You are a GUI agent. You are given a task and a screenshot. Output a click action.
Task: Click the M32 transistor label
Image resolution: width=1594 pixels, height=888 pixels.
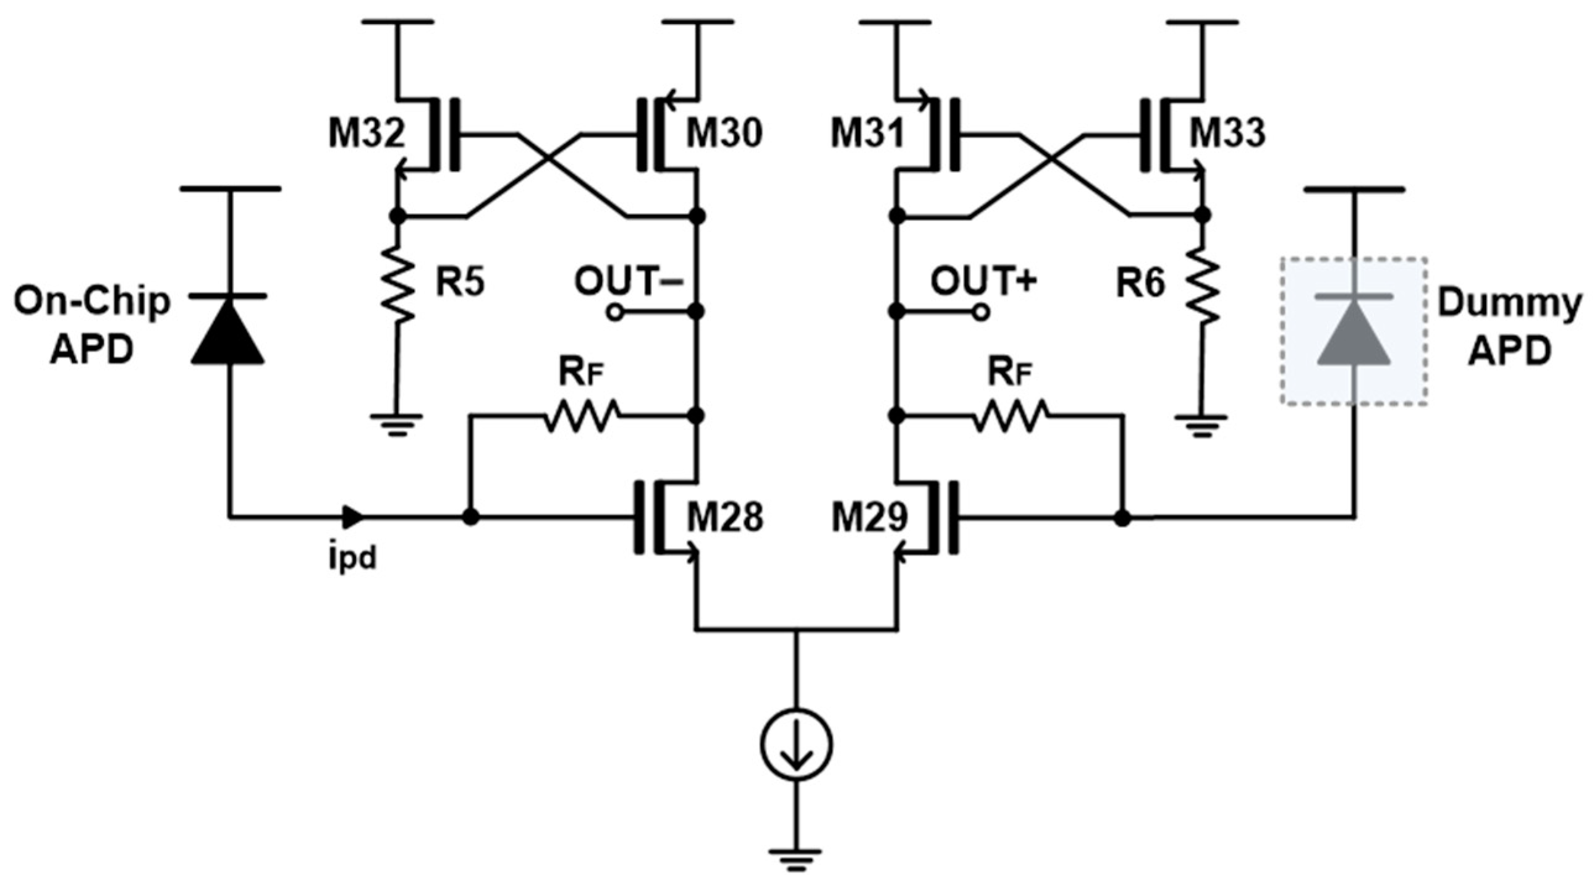(x=366, y=133)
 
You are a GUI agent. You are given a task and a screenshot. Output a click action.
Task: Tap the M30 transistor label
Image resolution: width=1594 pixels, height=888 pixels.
(x=724, y=133)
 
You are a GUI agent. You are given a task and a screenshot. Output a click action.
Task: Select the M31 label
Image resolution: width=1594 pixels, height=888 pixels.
(x=868, y=133)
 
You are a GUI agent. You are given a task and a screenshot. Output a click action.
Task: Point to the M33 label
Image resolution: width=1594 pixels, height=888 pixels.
(x=1227, y=133)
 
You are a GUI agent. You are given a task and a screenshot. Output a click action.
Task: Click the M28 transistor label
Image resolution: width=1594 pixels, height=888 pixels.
(x=724, y=517)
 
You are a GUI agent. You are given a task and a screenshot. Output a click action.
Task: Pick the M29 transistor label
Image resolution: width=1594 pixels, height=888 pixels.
(x=869, y=517)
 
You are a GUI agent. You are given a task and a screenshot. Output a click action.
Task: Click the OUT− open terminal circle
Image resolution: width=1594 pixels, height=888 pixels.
(x=615, y=313)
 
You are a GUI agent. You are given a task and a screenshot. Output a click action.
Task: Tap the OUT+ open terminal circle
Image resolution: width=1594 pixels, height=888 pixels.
(x=981, y=313)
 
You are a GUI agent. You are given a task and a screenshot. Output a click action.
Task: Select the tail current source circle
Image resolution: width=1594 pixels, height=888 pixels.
(x=795, y=745)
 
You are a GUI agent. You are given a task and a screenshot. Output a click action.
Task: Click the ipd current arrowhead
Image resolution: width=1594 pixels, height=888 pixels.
(x=354, y=515)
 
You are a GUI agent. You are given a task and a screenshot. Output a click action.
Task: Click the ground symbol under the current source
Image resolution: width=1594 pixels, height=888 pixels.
(x=795, y=859)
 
